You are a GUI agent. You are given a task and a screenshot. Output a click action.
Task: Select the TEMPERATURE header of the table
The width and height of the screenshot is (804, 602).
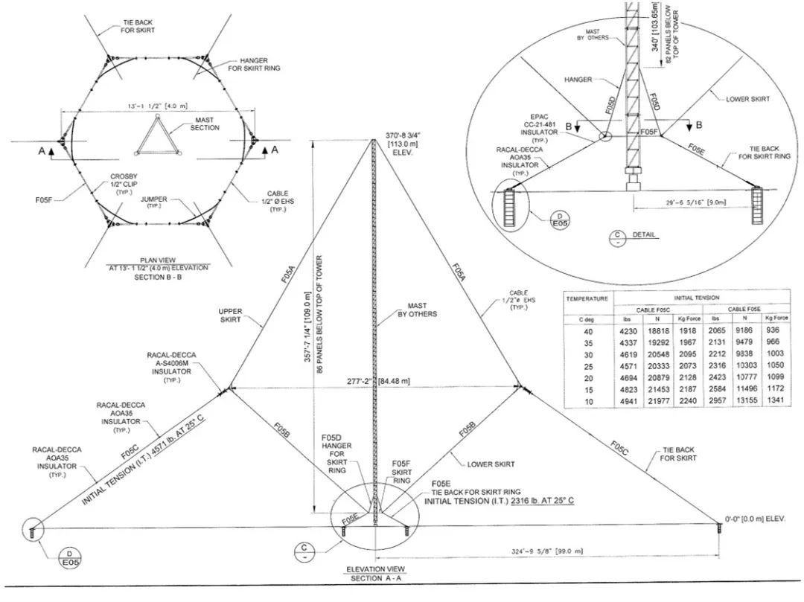coord(587,298)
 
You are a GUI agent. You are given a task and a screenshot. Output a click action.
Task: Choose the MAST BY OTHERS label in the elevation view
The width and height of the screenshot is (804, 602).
coord(421,310)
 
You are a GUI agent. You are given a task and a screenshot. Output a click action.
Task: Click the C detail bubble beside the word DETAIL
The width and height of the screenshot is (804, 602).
coord(617,238)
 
